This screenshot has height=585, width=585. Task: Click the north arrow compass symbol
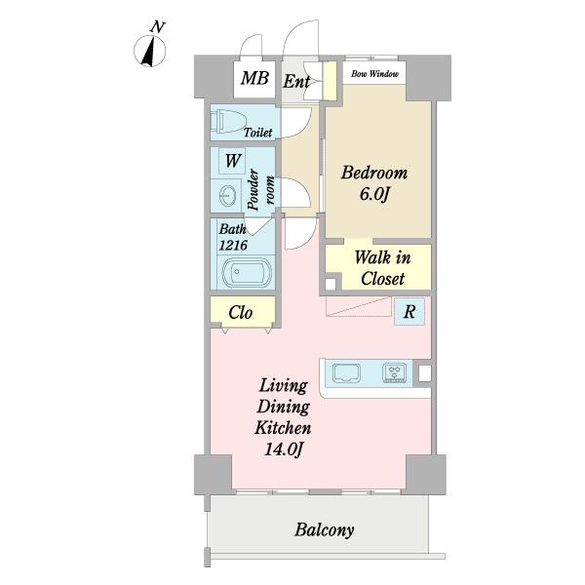[x=149, y=52]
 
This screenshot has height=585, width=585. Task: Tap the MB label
[x=254, y=78]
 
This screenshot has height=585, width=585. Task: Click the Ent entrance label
[x=296, y=81]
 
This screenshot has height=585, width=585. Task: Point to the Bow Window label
[x=374, y=73]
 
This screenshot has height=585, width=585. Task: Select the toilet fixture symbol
[x=227, y=121]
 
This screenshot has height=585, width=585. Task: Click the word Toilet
[x=257, y=132]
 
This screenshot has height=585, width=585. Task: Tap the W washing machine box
[x=232, y=161]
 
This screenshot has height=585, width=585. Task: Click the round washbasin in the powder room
[x=227, y=196]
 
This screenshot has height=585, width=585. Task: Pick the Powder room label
[x=260, y=189]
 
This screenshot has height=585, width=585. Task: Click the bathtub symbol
[x=247, y=272]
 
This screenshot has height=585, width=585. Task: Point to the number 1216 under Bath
[x=233, y=245]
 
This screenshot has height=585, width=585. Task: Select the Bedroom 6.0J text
[x=374, y=183]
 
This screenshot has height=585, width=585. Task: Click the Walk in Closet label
[x=382, y=268]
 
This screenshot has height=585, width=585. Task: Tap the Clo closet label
[x=241, y=313]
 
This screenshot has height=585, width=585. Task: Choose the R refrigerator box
[x=409, y=311]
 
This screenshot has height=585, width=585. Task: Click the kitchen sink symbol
[x=346, y=373]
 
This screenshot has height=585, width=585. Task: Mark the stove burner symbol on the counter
[x=394, y=372]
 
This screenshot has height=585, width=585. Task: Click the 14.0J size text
[x=283, y=449]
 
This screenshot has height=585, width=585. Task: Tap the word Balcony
[x=325, y=530]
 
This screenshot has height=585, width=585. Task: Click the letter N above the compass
[x=157, y=27]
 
